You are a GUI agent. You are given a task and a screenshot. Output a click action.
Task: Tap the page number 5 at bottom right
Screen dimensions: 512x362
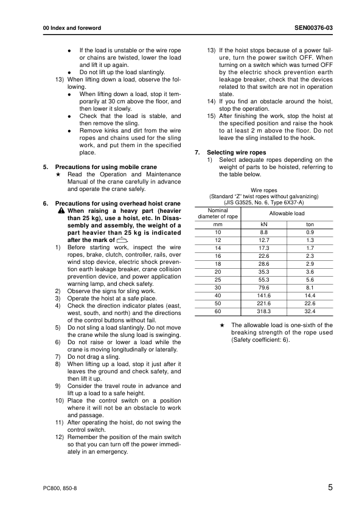pyautogui.click(x=330, y=487)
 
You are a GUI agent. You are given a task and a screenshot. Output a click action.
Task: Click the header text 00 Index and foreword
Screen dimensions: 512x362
pyautogui.click(x=68, y=29)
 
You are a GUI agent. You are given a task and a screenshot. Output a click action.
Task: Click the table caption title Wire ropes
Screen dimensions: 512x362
pyautogui.click(x=263, y=190)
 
